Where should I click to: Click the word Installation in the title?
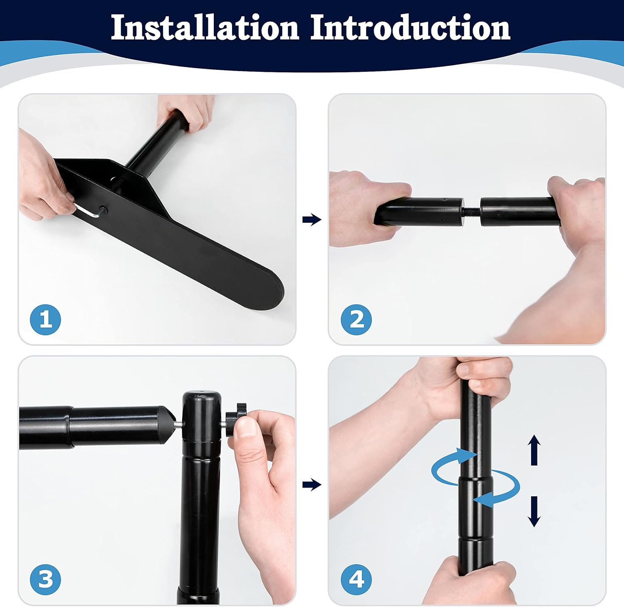click(205, 27)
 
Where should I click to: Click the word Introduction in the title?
click(410, 27)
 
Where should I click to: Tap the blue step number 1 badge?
click(45, 319)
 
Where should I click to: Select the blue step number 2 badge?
click(356, 319)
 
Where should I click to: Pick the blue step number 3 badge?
click(45, 579)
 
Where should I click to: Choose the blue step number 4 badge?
click(356, 579)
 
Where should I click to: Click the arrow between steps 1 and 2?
click(312, 219)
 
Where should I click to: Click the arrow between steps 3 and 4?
click(312, 484)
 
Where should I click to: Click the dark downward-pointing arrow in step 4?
click(534, 511)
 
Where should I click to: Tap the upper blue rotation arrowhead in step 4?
click(467, 455)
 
